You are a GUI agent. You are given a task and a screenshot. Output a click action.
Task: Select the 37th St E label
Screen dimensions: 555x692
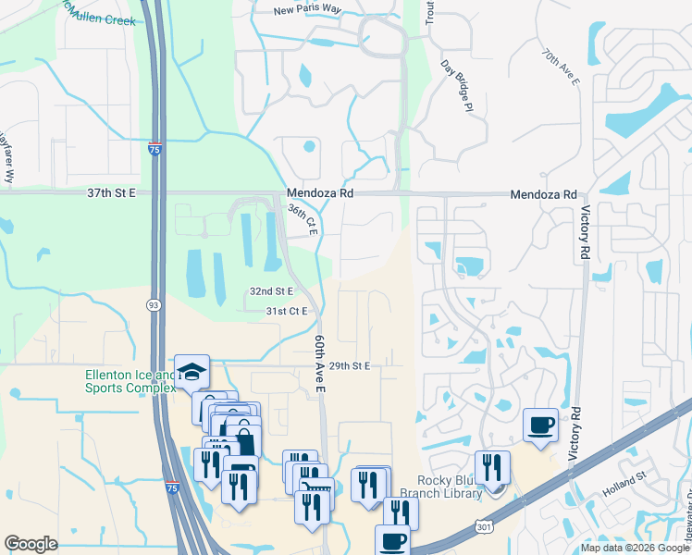(111, 192)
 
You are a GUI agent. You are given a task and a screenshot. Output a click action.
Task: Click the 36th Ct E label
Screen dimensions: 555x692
(303, 220)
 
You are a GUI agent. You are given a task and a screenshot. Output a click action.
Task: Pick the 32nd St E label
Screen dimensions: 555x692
(271, 291)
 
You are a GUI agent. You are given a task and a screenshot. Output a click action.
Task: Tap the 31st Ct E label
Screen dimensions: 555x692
(286, 312)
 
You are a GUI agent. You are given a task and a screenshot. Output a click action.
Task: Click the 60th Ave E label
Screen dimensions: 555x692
(321, 364)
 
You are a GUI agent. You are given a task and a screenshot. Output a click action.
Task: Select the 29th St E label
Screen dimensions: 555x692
(349, 366)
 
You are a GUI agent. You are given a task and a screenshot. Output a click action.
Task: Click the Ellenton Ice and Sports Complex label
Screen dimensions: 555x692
(130, 381)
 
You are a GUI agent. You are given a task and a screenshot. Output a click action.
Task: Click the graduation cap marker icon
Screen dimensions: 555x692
(192, 372)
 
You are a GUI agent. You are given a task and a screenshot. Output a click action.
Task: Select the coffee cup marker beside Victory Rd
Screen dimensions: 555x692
(541, 425)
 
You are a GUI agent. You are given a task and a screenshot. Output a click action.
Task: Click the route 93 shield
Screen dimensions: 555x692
(153, 304)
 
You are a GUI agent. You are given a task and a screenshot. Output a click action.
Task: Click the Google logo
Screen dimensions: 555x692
(31, 544)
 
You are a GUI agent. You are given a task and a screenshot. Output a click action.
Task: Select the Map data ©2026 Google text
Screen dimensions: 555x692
(635, 548)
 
